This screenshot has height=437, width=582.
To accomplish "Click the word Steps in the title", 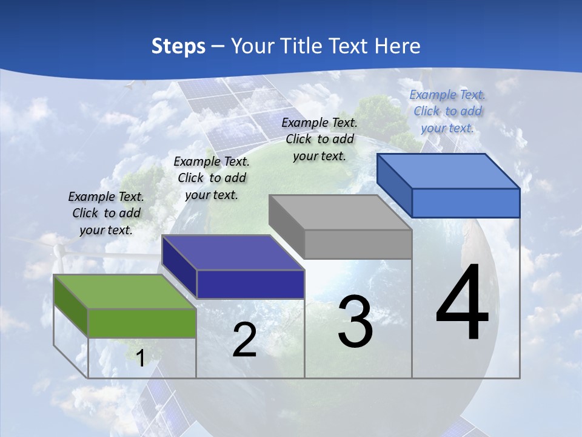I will (178, 46).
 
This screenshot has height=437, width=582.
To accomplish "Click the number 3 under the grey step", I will (355, 322).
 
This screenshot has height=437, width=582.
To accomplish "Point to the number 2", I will (244, 340).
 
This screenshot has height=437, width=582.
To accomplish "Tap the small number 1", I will (140, 358).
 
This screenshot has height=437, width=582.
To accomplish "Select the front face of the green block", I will (142, 323).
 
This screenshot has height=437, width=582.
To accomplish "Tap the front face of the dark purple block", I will (250, 284).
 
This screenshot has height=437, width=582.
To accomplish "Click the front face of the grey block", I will (358, 245).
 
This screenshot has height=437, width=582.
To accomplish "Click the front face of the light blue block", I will (466, 203).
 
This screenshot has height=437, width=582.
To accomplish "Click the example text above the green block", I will (106, 213).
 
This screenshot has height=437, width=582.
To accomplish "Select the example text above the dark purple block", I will (212, 178).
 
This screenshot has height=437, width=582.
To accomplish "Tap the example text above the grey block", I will (319, 139).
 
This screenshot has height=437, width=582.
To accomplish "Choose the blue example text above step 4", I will (447, 111).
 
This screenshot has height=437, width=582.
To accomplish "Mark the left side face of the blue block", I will (394, 185).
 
